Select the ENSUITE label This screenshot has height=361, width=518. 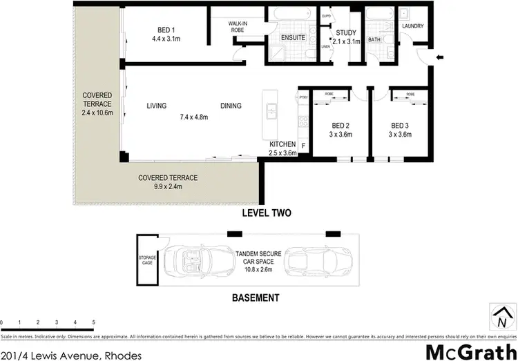point(292,37)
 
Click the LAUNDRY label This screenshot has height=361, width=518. point(412,27)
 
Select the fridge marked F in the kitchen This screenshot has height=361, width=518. point(303,146)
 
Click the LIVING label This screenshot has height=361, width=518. point(157,106)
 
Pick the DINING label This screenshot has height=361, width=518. point(231,106)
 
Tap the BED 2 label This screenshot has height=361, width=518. point(340,125)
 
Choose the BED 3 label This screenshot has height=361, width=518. point(400,125)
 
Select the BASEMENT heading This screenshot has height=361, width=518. point(255,298)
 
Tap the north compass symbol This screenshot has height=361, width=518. point(501,318)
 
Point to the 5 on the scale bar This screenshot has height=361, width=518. point(93,323)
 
